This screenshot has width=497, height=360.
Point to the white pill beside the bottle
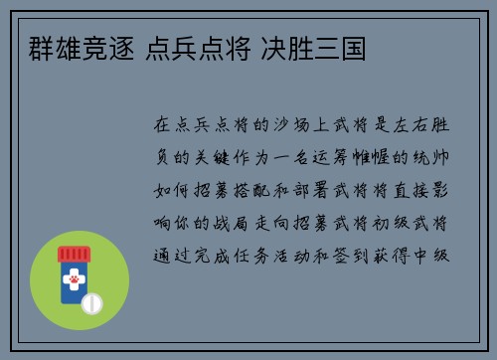point(92,301)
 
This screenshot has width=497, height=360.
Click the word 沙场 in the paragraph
point(301,125)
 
